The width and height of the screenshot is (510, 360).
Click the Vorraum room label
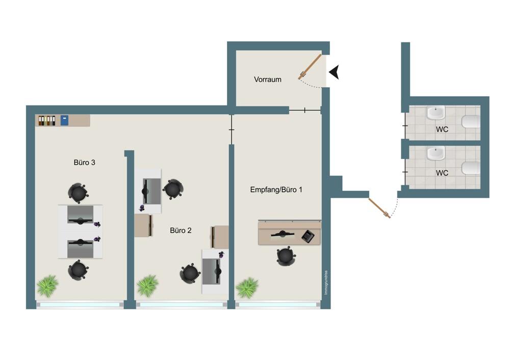[x=267, y=80]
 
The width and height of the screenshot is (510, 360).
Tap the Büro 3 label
[x=84, y=162]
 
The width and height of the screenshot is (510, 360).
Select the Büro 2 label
[x=181, y=230]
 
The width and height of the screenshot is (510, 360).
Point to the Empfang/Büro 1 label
[x=276, y=190]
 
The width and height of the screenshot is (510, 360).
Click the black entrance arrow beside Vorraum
[x=335, y=72]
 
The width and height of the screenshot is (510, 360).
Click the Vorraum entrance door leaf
[x=310, y=67]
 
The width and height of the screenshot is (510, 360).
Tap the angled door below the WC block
[x=379, y=208]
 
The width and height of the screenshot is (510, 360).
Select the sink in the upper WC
[x=436, y=113]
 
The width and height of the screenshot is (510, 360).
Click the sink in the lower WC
[x=436, y=153]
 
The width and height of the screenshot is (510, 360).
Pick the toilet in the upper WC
[x=471, y=122]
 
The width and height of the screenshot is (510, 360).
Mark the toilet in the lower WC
[x=471, y=168]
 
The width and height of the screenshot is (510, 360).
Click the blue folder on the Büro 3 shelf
[x=64, y=120]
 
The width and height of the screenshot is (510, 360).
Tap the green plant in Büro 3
[x=48, y=286]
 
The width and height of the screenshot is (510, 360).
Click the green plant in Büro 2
[x=148, y=286]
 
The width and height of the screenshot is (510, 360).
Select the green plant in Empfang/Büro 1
[x=247, y=288]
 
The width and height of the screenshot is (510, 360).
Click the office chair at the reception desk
[x=286, y=256]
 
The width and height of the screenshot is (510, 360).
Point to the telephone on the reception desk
[x=308, y=236]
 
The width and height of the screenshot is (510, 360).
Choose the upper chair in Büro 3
[x=78, y=193]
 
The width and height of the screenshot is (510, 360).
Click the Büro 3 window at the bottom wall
[x=80, y=305]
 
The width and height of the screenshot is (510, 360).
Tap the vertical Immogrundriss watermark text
[x=326, y=283]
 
